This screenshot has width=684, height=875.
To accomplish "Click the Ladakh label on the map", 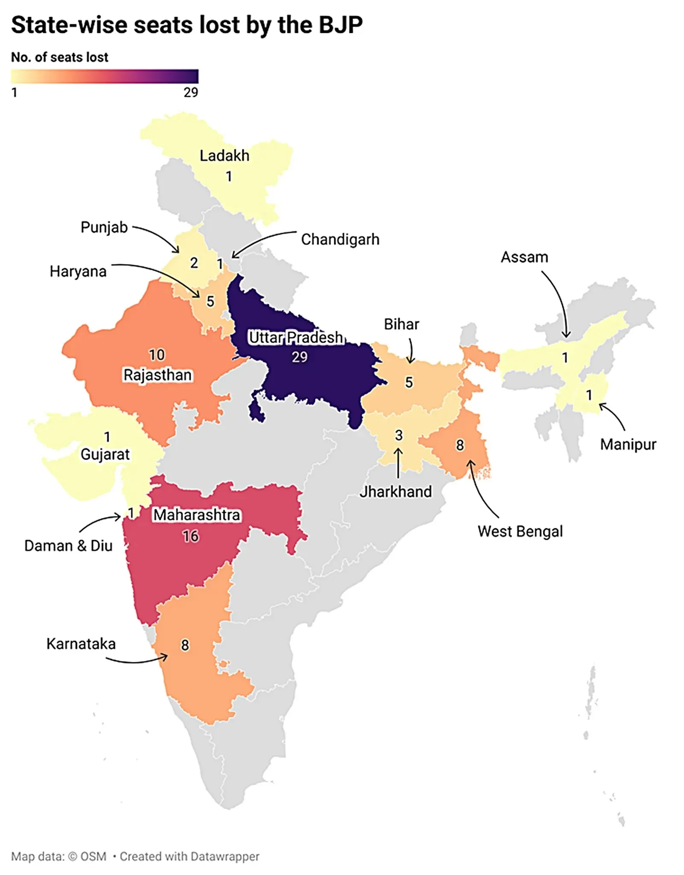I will click(224, 155).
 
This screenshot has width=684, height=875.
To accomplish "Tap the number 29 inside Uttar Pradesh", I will click(299, 357).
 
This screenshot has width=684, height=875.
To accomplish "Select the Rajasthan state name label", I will click(157, 375).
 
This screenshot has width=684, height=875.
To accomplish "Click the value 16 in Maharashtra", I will click(191, 536).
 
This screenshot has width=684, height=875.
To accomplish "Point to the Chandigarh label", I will click(340, 239).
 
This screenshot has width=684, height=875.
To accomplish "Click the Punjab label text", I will click(104, 227).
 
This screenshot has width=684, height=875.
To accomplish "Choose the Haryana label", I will click(78, 271).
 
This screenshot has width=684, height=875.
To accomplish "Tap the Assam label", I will click(524, 257).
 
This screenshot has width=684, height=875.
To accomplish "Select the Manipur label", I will click(628, 444).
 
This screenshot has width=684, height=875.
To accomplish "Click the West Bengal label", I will click(520, 531).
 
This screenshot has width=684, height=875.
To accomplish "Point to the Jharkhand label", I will click(395, 492).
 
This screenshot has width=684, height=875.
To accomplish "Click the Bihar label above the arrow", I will click(401, 324).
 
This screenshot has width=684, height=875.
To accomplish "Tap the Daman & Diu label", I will click(68, 545).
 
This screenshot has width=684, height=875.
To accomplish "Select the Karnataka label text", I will click(81, 644).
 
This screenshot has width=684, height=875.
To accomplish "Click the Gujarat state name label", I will click(105, 454).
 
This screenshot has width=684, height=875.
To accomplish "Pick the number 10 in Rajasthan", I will click(156, 354).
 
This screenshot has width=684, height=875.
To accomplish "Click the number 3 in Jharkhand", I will click(398, 435).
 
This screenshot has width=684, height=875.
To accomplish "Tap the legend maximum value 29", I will click(191, 92).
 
